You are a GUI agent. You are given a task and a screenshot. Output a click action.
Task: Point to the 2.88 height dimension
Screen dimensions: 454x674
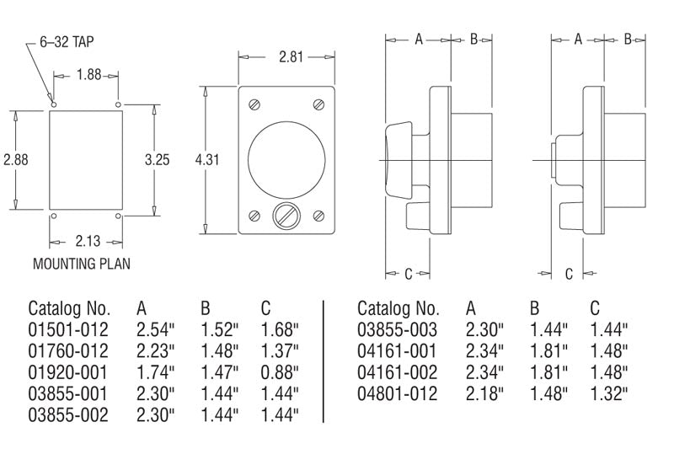[15, 159]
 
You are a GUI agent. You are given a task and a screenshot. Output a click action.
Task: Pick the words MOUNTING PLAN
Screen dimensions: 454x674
[82, 264]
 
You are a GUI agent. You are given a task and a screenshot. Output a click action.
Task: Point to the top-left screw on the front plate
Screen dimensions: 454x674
[254, 105]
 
